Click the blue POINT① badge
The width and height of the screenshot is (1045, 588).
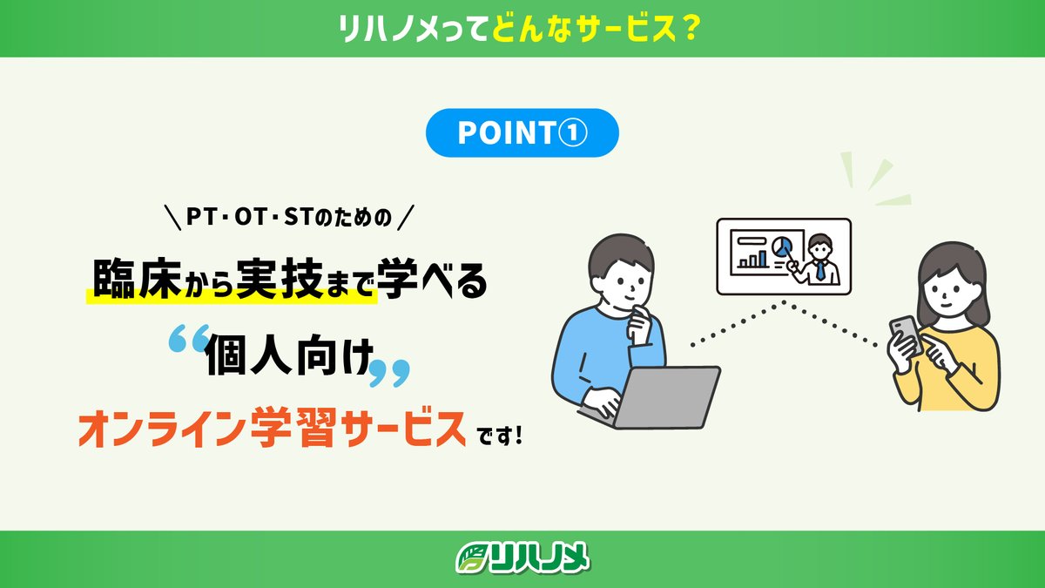(522, 133)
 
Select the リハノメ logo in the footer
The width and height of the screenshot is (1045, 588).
(522, 558)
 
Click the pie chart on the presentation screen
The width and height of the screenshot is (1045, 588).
(783, 246)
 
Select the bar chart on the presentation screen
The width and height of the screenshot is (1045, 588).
(753, 258)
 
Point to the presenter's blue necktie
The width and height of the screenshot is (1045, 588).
(819, 270)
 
